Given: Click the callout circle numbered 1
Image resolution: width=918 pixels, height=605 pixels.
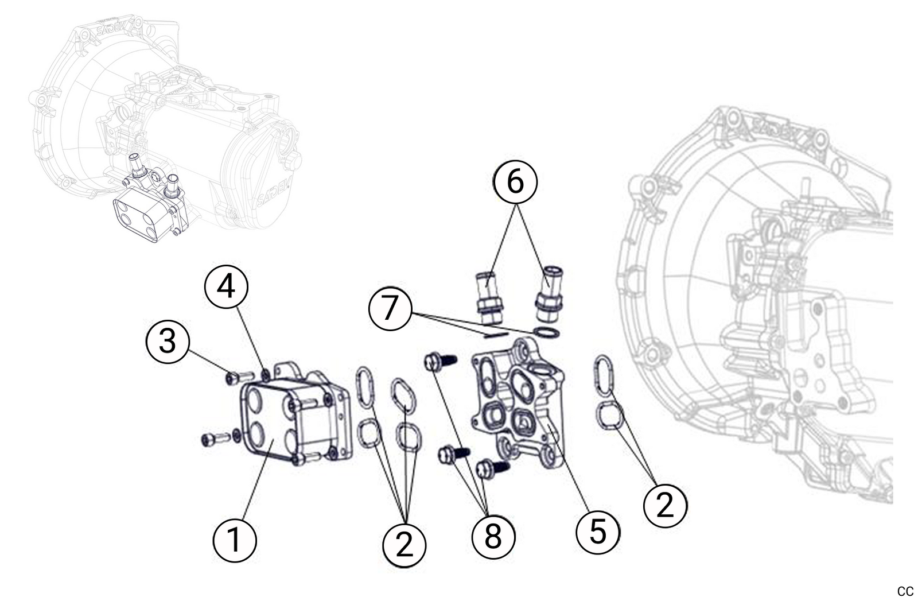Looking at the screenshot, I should (x=234, y=541).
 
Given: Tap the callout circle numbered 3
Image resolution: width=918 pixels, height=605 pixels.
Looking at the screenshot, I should (x=167, y=342).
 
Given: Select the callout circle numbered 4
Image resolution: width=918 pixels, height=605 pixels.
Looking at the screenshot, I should (x=226, y=286).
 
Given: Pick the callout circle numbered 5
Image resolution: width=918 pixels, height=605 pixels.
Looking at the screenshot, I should (x=598, y=531).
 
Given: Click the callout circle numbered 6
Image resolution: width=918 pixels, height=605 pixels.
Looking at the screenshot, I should (x=515, y=181).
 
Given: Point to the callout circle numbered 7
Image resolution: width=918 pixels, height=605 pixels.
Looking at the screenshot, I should (x=390, y=308).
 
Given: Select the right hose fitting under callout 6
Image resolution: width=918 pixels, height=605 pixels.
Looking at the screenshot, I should (x=550, y=294).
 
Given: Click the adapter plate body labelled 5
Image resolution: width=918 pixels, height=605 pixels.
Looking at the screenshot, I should (x=516, y=402).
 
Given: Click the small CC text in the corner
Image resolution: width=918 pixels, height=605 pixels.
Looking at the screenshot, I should (x=905, y=591).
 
